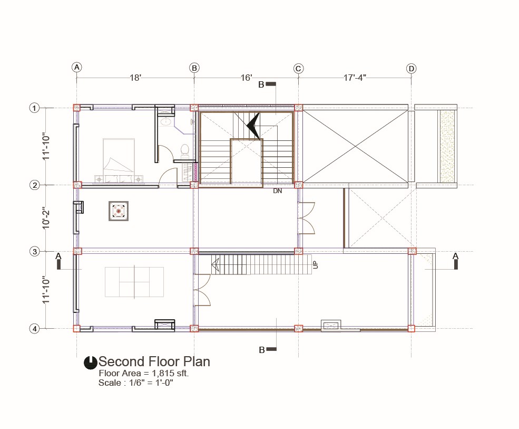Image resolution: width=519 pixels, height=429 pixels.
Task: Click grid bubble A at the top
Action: coord(77,68)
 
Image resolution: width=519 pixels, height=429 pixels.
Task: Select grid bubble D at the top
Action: coord(411,69)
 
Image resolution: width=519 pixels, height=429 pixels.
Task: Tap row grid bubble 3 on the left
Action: coord(34,252)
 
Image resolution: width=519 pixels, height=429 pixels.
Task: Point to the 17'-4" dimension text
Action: coord(355,78)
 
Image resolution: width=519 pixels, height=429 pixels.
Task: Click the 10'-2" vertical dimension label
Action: coord(46,218)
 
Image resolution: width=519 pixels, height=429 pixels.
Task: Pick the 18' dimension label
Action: coord(135,78)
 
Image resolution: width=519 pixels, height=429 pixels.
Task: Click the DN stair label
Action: coord(277,191)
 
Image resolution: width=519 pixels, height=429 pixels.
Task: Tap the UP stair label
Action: coord(315,265)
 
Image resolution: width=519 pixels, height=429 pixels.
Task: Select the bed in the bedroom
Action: coord(119,160)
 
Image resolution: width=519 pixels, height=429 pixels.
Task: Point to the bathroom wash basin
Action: coord(166,122)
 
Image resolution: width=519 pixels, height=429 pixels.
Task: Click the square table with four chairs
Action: coord(119,211)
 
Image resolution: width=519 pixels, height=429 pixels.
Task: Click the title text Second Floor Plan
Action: coord(154,361)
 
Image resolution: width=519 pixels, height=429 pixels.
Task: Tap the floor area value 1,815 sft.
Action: coord(170,373)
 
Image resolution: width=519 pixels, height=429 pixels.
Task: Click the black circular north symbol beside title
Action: coord(90,363)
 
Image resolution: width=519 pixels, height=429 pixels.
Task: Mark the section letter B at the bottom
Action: coord(262,350)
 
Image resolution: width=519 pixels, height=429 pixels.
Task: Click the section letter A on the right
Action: coord(455,256)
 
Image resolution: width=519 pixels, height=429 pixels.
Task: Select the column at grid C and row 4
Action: coord(299,329)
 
